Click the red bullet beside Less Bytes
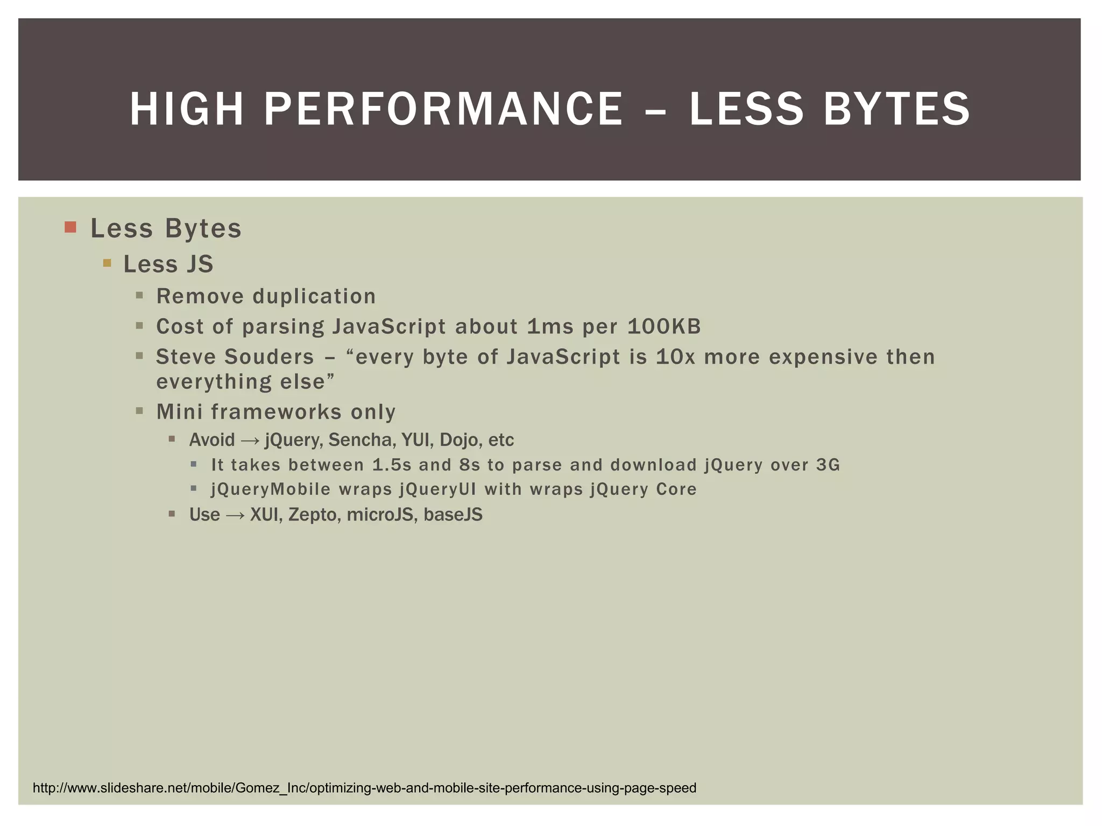(70, 227)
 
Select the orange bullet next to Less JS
(107, 263)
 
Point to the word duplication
(314, 296)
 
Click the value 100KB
(664, 326)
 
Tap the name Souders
(269, 357)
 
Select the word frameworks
(276, 412)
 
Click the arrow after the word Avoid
(250, 440)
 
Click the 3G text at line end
(828, 465)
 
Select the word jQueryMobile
(271, 489)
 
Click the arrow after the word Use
(235, 515)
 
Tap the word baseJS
(453, 515)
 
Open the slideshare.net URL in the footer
(364, 788)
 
